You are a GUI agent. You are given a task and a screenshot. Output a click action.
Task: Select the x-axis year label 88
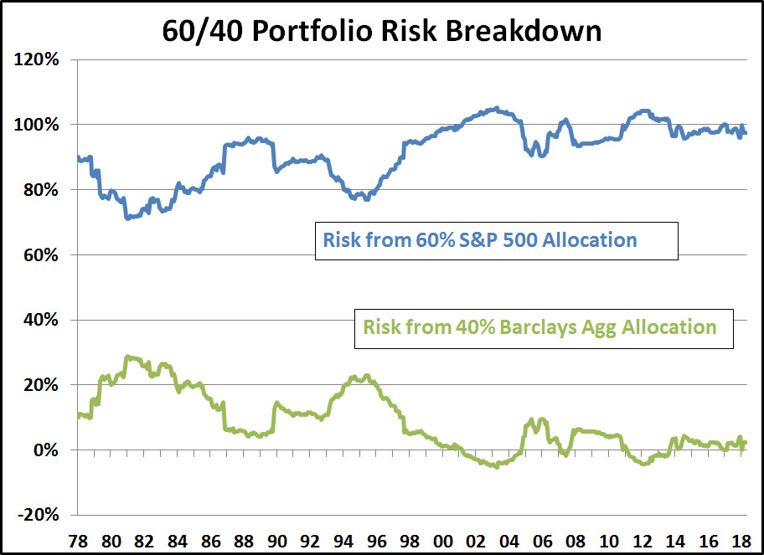tap(242, 539)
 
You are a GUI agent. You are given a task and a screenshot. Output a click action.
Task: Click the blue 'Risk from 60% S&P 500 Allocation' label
tap(480, 241)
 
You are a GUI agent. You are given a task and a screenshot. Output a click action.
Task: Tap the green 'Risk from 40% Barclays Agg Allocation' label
tap(539, 327)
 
